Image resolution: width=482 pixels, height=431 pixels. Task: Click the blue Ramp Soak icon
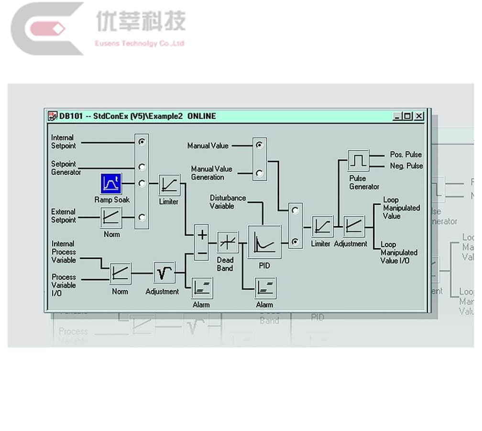[x=111, y=183]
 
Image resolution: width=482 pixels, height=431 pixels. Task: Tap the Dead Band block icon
[x=227, y=242]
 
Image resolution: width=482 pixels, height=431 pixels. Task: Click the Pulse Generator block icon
[x=358, y=161]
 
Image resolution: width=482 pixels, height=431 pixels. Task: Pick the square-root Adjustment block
[x=164, y=272]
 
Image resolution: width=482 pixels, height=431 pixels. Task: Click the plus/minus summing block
[x=202, y=243]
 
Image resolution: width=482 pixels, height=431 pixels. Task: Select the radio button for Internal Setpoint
[x=142, y=142]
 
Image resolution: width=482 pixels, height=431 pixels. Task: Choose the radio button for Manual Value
[x=259, y=145]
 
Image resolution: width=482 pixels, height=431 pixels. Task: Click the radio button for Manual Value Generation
[x=259, y=173]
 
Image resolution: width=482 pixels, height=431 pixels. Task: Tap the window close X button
[x=419, y=116]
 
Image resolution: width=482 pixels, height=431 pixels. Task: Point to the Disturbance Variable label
[x=228, y=202]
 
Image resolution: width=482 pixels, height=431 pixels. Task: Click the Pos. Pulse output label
[x=406, y=155]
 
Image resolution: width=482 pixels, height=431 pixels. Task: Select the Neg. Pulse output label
[x=406, y=166]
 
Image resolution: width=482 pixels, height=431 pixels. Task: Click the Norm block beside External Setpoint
[x=111, y=217]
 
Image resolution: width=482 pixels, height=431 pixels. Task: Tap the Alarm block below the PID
[x=264, y=287]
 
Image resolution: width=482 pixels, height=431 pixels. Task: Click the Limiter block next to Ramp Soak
[x=169, y=185]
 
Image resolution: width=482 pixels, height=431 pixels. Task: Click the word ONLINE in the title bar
[x=201, y=116]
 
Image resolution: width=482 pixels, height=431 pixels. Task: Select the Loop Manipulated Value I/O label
[x=399, y=252]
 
